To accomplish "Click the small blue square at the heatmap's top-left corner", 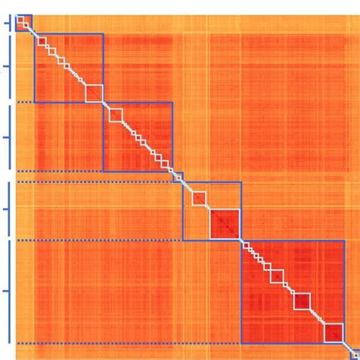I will pos(24,22).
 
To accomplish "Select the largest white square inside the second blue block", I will pos(94,93).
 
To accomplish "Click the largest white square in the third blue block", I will pos(115,115).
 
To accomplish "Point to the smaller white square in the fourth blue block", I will pos(200,199).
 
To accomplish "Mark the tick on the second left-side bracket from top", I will pos(7,68).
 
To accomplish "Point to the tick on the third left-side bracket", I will pos(7,137).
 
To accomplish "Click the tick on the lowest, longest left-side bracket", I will pos(7,290).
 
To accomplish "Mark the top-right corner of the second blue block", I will pos(103,34).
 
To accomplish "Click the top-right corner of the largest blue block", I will pos(344,241).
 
